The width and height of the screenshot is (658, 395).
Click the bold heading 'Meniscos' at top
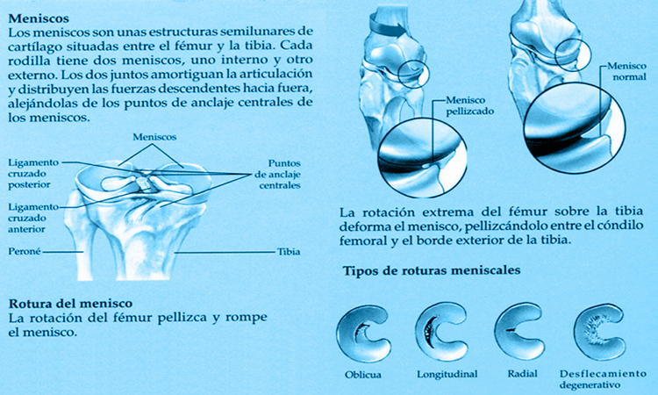pyautogui.click(x=39, y=18)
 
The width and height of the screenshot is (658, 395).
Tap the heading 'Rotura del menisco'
pyautogui.click(x=70, y=303)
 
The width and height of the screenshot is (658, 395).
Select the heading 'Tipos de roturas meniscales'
pyautogui.click(x=432, y=270)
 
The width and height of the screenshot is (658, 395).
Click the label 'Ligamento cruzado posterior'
pyautogui.click(x=33, y=174)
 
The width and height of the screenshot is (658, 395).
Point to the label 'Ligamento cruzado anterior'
pyautogui.click(x=33, y=218)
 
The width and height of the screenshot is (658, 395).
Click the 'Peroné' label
pyautogui.click(x=25, y=251)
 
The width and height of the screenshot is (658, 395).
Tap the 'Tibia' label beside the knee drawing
pyautogui.click(x=289, y=252)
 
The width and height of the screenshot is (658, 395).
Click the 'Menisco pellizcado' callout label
pyautogui.click(x=469, y=106)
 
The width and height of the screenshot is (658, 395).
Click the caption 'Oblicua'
pyautogui.click(x=363, y=375)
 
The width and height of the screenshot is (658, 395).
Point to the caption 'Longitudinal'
pyautogui.click(x=447, y=374)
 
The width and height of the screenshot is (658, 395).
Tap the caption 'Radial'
pyautogui.click(x=523, y=374)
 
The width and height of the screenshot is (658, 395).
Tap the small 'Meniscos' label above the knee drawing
pyautogui.click(x=154, y=137)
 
